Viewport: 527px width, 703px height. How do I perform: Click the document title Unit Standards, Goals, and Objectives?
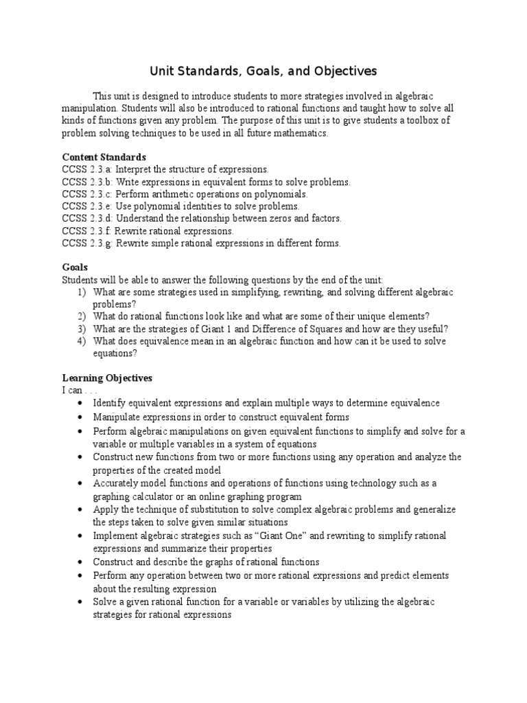pyautogui.click(x=263, y=71)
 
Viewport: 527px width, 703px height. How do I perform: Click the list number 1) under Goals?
pyautogui.click(x=82, y=292)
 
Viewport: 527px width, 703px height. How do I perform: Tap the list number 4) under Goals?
pyautogui.click(x=82, y=341)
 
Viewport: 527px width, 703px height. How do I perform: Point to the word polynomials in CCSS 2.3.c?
pyautogui.click(x=281, y=194)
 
